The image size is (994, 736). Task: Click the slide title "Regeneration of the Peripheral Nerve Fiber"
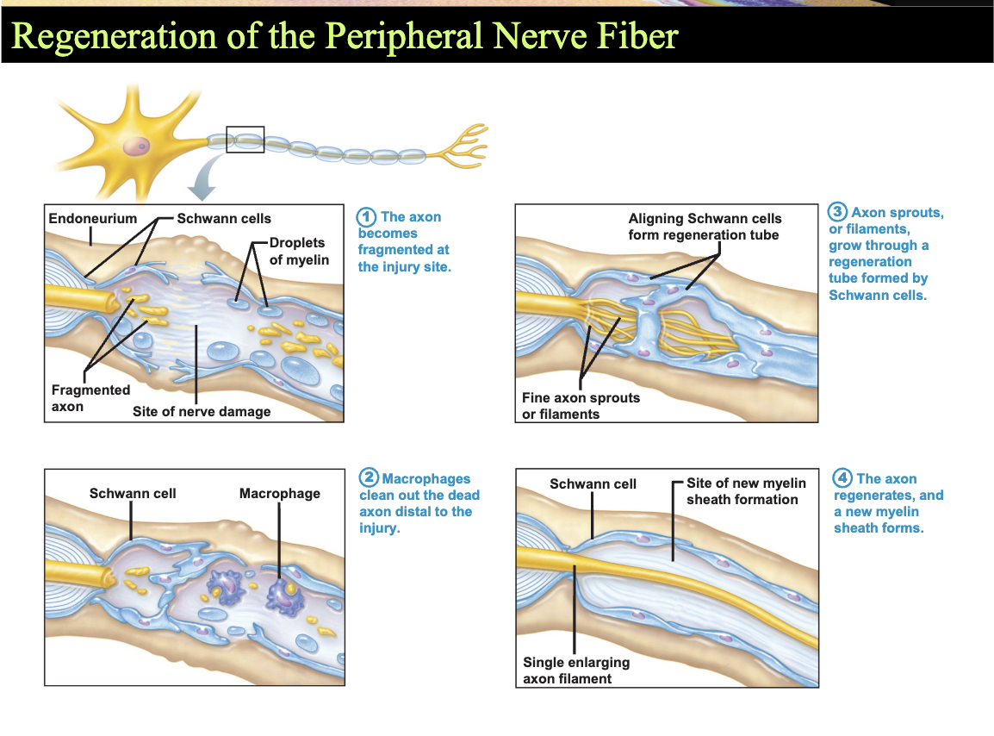[x=345, y=35]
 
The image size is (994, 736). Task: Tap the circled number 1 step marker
[x=366, y=218]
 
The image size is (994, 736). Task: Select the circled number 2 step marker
[x=369, y=477]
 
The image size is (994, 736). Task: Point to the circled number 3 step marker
[x=837, y=212]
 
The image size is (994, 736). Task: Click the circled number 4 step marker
[x=842, y=477]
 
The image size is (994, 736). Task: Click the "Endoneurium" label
[x=92, y=219]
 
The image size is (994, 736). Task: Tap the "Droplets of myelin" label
[x=299, y=252]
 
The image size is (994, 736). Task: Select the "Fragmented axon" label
[x=90, y=398]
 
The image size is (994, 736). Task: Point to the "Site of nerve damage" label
[x=202, y=412]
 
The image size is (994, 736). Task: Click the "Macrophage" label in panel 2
[x=280, y=494]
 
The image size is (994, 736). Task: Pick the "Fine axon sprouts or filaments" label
[x=581, y=406]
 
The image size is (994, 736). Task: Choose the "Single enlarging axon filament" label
[x=576, y=671]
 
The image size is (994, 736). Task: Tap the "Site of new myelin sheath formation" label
[x=746, y=492]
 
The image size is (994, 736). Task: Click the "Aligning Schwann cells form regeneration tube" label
[x=705, y=227]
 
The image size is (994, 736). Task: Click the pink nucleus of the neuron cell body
[x=136, y=147]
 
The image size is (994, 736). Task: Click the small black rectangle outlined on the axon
[x=245, y=140]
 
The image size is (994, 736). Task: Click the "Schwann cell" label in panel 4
[x=593, y=484]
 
